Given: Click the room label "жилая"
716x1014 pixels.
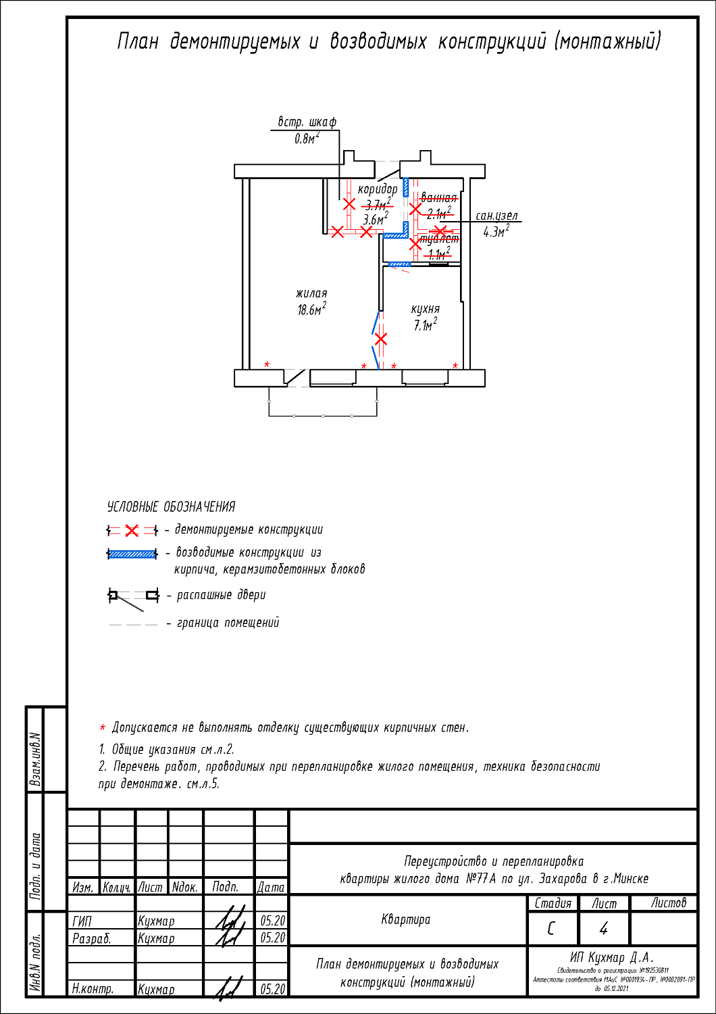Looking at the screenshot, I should (x=311, y=293).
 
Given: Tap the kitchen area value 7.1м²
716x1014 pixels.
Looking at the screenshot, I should (x=425, y=325).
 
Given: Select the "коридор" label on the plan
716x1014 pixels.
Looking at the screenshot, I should (x=378, y=189).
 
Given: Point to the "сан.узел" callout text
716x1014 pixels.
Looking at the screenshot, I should (x=496, y=216).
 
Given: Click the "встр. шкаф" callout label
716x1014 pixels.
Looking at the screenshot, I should (x=307, y=122).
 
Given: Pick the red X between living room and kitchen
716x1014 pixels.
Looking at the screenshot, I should (x=381, y=339).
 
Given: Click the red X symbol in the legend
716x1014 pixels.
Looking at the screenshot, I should (x=132, y=531).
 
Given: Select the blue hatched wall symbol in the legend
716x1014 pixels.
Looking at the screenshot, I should (x=132, y=554).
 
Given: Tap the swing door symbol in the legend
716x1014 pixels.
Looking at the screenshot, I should (x=133, y=596).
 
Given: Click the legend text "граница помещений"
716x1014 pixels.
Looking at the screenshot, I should (x=228, y=623).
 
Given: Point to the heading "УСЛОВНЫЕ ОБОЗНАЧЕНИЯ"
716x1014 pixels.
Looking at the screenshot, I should (x=171, y=507).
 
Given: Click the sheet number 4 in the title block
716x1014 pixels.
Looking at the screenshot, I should (x=603, y=929).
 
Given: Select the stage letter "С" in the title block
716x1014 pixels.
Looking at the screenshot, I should (x=552, y=929).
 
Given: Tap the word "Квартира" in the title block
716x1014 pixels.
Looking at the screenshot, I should (x=405, y=919).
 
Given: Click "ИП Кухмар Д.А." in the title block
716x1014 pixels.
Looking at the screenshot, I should (x=611, y=957).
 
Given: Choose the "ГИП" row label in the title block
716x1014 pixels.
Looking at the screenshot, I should (x=82, y=921).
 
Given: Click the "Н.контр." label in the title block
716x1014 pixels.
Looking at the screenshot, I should (x=93, y=988).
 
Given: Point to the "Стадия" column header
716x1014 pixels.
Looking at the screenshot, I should (x=553, y=903).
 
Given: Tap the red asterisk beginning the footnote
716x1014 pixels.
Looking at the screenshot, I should (x=103, y=728).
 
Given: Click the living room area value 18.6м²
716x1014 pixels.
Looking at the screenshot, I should (x=311, y=310).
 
